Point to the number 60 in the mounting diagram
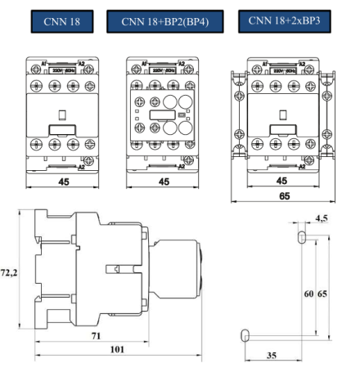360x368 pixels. [x=308, y=294]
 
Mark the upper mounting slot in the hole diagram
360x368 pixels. [x=302, y=236]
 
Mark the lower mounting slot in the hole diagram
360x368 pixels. [x=244, y=334]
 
